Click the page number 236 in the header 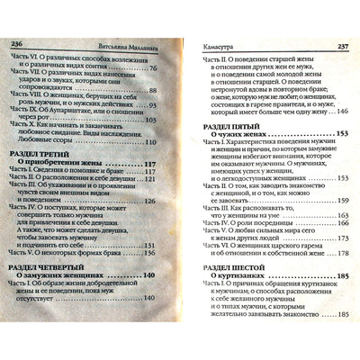point(18,42)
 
